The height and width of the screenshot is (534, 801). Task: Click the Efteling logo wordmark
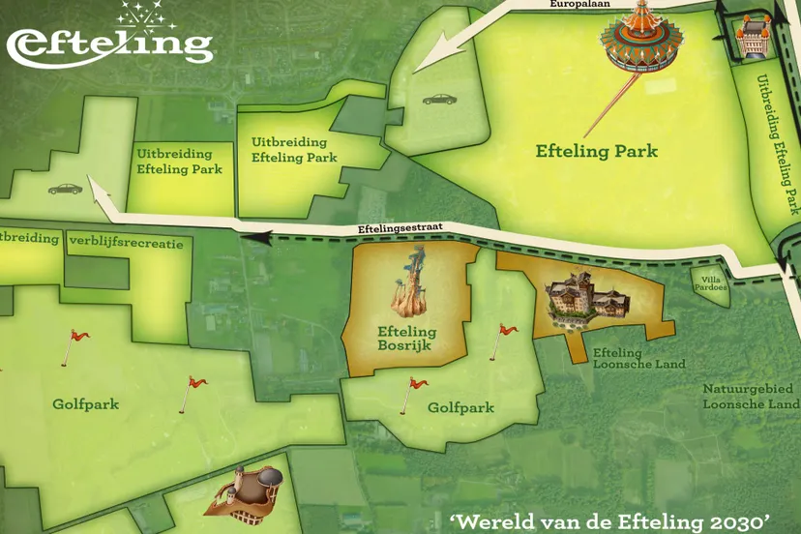[108, 44]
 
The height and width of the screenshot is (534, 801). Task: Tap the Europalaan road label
[578, 5]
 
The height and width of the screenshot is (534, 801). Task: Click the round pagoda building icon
[640, 37]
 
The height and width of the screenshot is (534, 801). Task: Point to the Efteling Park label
[597, 152]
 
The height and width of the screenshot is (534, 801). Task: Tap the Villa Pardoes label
[712, 283]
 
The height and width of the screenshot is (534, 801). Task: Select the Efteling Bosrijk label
[406, 339]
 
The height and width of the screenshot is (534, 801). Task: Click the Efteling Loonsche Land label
[638, 359]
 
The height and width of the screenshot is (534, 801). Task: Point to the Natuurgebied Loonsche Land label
[751, 396]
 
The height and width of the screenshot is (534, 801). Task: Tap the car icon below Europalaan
[437, 99]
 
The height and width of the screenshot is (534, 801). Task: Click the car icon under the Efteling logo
[65, 188]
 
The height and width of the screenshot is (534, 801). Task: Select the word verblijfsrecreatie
[126, 243]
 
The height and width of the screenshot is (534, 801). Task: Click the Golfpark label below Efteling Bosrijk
[460, 408]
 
